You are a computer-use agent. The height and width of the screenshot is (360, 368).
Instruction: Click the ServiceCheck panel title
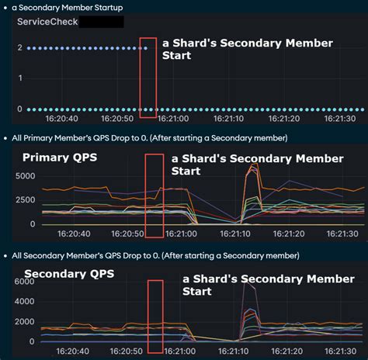(47, 22)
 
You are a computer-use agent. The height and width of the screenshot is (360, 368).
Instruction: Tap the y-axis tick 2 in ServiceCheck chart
(19, 48)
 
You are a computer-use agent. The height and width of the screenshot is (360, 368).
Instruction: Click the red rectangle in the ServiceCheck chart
(148, 78)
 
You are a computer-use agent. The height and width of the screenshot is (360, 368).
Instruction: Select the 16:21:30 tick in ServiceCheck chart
(338, 119)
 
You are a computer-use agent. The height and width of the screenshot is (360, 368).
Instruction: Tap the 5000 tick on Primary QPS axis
(25, 177)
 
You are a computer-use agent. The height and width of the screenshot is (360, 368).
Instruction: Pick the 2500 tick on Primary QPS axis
(25, 200)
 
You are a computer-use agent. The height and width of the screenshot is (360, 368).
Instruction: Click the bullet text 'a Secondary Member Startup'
(68, 7)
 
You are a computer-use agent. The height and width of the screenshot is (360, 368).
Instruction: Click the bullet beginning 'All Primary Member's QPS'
(150, 138)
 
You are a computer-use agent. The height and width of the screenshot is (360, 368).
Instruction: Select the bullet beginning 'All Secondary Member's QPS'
(155, 255)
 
